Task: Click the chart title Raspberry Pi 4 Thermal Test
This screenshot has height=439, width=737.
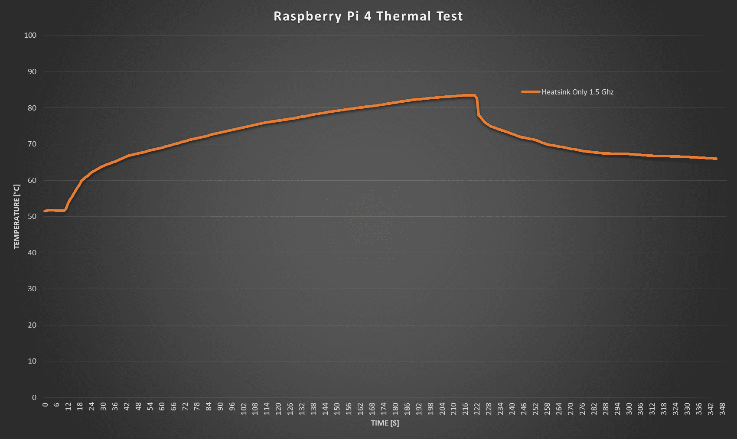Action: [x=368, y=16]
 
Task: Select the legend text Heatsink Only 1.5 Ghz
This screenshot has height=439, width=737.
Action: [x=577, y=92]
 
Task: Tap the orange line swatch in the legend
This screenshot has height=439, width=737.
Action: [x=531, y=92]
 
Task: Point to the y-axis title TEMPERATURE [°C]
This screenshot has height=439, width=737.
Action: [x=17, y=216]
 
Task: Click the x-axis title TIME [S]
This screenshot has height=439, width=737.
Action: [x=385, y=423]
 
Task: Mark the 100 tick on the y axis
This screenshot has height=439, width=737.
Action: [x=30, y=35]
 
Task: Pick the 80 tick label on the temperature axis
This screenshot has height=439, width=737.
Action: [x=32, y=108]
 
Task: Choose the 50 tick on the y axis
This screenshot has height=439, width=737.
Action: [x=32, y=216]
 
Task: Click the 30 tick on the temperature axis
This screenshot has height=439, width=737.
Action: [x=32, y=289]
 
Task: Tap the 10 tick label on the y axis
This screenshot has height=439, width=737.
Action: [x=32, y=361]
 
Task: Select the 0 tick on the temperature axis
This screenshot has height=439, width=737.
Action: [x=34, y=397]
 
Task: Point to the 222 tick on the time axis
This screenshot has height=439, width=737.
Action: [x=477, y=409]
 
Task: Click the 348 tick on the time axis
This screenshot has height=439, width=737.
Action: [x=722, y=409]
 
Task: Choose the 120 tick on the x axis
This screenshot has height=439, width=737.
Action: [x=278, y=409]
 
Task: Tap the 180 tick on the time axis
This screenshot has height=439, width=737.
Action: [x=395, y=409]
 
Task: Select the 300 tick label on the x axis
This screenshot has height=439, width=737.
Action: [x=629, y=409]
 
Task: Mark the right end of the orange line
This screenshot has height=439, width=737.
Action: [x=716, y=159]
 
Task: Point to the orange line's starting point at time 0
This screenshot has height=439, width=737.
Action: [x=45, y=211]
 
